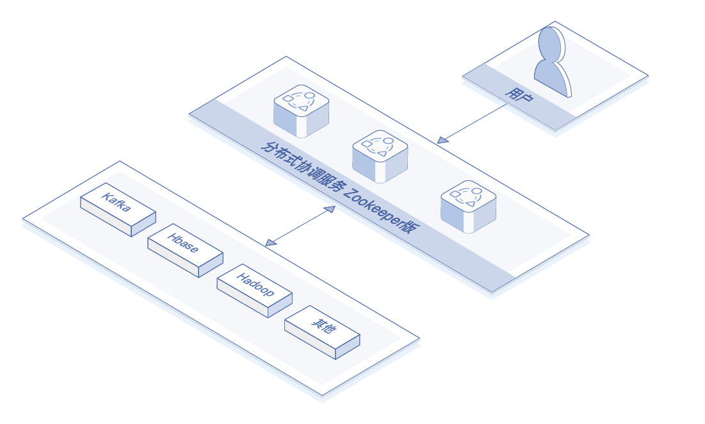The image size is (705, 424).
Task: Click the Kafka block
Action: click(x=118, y=210)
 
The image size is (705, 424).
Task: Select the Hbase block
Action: click(x=185, y=251)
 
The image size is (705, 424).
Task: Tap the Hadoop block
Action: click(x=254, y=291)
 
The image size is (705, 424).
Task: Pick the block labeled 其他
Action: click(x=322, y=332)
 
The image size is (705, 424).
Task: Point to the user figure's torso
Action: click(x=553, y=78)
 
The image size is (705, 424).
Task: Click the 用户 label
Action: click(x=519, y=94)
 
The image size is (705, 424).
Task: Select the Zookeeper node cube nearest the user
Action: click(x=468, y=207)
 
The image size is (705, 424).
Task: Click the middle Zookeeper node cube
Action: click(x=380, y=157)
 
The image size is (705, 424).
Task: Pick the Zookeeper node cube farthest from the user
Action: click(x=301, y=111)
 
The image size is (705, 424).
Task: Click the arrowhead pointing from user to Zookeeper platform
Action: click(x=442, y=140)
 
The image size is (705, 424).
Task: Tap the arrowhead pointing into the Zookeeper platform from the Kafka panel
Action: click(x=330, y=209)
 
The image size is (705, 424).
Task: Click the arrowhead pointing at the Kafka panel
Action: click(x=271, y=243)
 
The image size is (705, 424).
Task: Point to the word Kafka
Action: click(x=116, y=202)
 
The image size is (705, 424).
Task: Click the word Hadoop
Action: click(x=255, y=285)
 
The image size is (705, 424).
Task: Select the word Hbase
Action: click(x=182, y=243)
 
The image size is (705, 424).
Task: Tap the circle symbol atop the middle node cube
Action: click(x=389, y=140)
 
